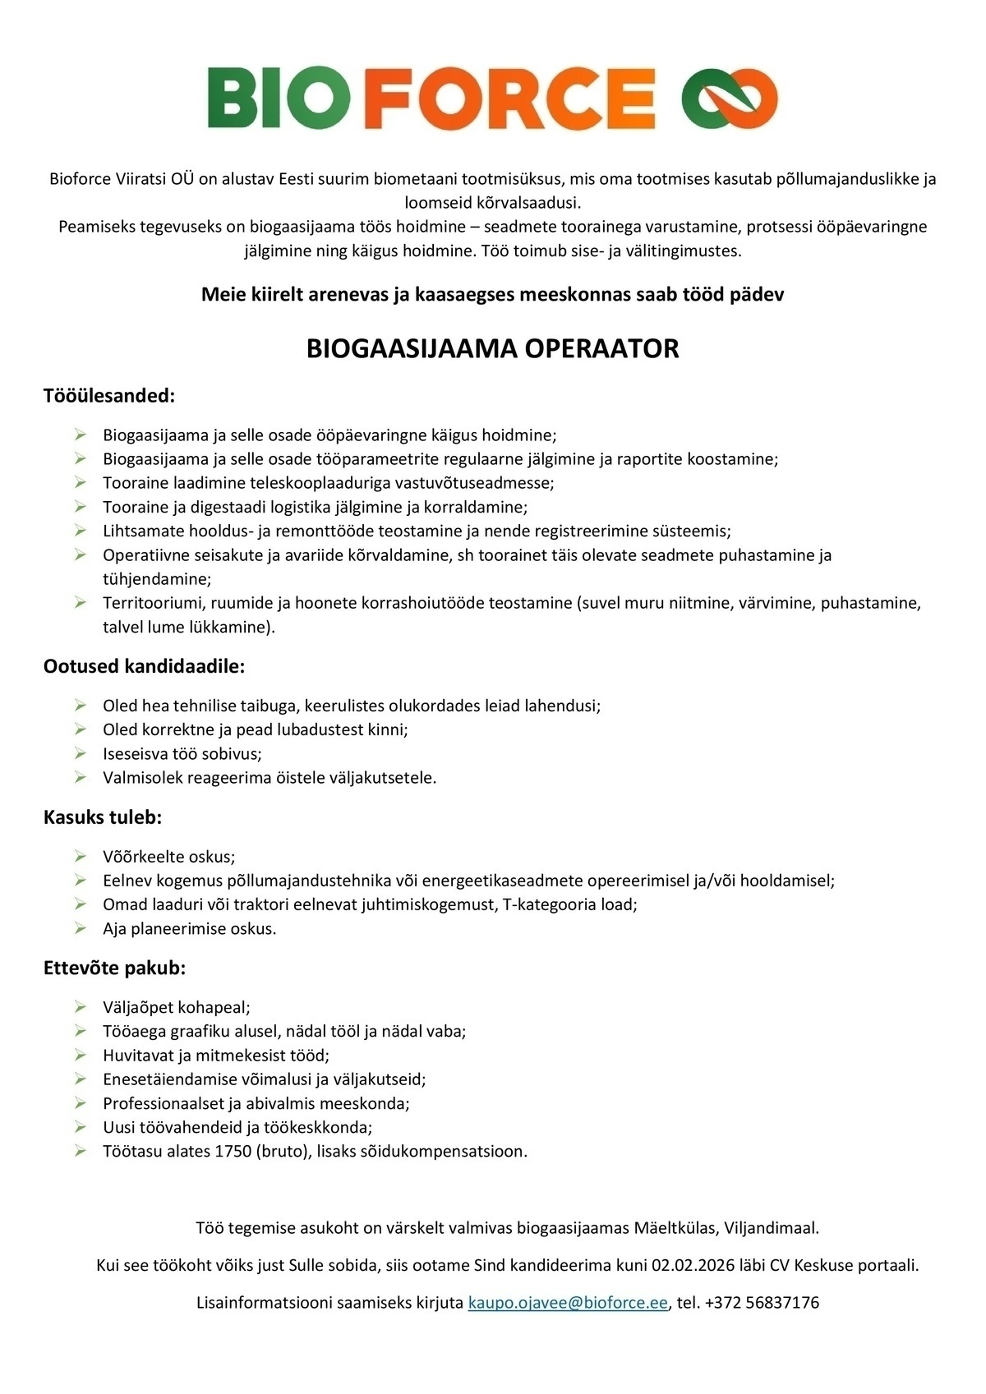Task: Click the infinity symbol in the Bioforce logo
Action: click(x=730, y=99)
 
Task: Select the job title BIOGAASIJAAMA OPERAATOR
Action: click(x=492, y=348)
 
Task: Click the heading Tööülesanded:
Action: click(x=109, y=396)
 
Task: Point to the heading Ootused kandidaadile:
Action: click(x=144, y=666)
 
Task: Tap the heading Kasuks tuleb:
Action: click(x=103, y=817)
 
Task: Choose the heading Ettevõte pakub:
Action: click(x=114, y=968)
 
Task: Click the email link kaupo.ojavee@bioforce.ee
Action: click(x=568, y=1303)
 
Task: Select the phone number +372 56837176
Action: click(x=762, y=1303)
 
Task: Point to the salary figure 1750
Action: click(x=233, y=1152)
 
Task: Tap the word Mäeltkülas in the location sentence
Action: click(x=675, y=1228)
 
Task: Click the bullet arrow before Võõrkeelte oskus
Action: click(x=80, y=856)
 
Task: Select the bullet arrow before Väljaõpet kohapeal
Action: click(x=80, y=1006)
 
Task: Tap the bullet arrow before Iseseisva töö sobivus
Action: click(x=80, y=752)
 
